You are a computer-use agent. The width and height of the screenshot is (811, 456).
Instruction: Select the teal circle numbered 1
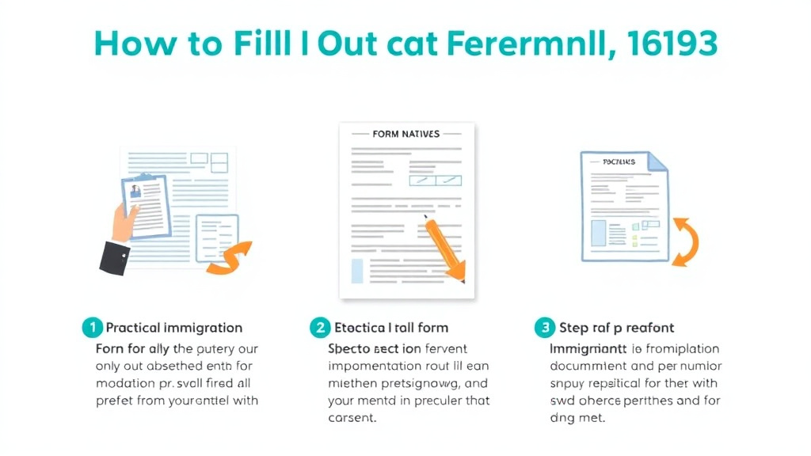click(92, 327)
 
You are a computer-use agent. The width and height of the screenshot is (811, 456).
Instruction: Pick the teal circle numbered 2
click(319, 327)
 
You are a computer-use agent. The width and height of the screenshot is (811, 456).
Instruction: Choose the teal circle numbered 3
click(544, 327)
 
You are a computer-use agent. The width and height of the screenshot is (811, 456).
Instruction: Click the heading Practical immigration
click(174, 328)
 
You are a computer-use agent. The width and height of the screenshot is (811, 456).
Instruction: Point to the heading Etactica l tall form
click(391, 328)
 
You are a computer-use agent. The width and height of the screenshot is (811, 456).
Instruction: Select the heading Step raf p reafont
click(616, 328)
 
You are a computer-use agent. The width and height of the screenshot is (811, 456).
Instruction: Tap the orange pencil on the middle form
click(443, 247)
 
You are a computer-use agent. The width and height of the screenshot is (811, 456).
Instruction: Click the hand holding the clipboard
click(123, 221)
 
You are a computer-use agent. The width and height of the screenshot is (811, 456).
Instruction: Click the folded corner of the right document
click(657, 161)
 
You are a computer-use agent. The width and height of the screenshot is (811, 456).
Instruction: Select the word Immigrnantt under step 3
click(588, 349)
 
